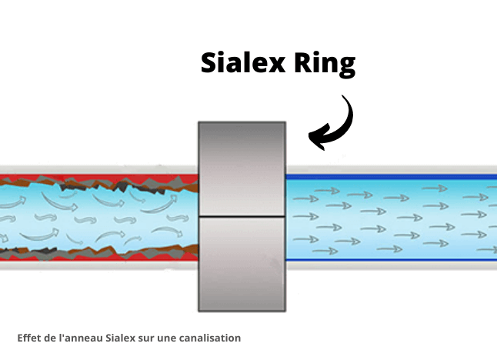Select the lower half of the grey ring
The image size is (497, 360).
point(242,263)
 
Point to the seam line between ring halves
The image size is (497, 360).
point(242,215)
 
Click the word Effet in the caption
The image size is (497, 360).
point(29,337)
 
